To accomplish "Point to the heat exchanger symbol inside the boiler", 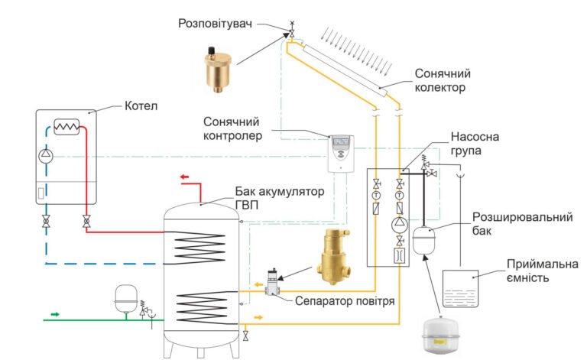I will pos(68,127).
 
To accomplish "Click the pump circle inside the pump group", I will pos(400,224).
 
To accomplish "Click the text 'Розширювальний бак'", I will pos(523,224).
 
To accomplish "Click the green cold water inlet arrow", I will pos(54,313).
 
